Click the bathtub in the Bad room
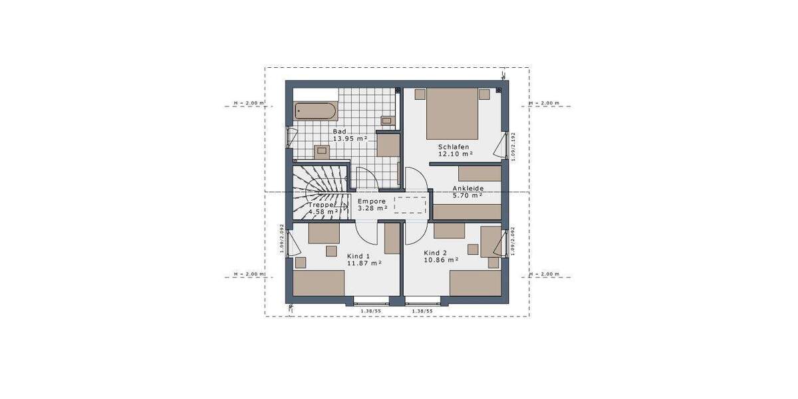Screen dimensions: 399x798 pyautogui.click(x=316, y=111)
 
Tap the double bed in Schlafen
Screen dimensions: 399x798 pyautogui.click(x=452, y=110)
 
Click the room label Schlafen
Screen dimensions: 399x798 pyautogui.click(x=454, y=147)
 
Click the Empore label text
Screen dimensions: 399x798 pyautogui.click(x=372, y=201)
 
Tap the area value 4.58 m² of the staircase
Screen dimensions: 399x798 pyautogui.click(x=324, y=212)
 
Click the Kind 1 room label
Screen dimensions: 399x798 pyautogui.click(x=358, y=255)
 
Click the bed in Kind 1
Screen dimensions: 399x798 pyautogui.click(x=319, y=283)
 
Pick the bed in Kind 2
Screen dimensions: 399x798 pyautogui.click(x=475, y=283)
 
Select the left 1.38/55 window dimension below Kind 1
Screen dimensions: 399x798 pyautogui.click(x=370, y=311)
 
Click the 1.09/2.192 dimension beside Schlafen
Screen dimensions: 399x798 pyautogui.click(x=513, y=146)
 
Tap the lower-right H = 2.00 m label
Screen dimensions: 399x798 pyautogui.click(x=544, y=274)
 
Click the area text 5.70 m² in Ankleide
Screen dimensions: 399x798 pyautogui.click(x=467, y=196)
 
